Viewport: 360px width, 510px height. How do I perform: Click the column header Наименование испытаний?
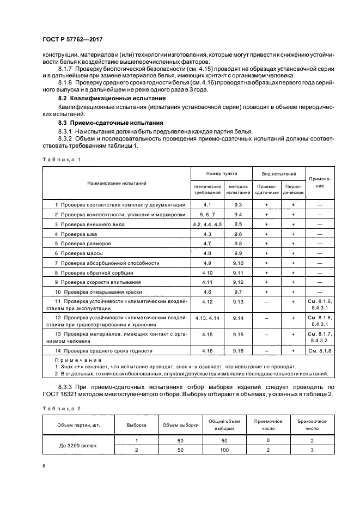point(117,183)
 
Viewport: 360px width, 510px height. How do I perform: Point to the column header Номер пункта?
point(221,173)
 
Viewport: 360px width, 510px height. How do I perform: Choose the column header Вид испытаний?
point(279,173)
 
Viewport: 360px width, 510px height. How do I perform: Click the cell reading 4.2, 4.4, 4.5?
point(207,224)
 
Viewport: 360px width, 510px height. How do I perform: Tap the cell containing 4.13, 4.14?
point(207,317)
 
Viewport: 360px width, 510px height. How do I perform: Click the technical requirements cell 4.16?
point(207,351)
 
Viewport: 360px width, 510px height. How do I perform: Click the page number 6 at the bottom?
point(44,466)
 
